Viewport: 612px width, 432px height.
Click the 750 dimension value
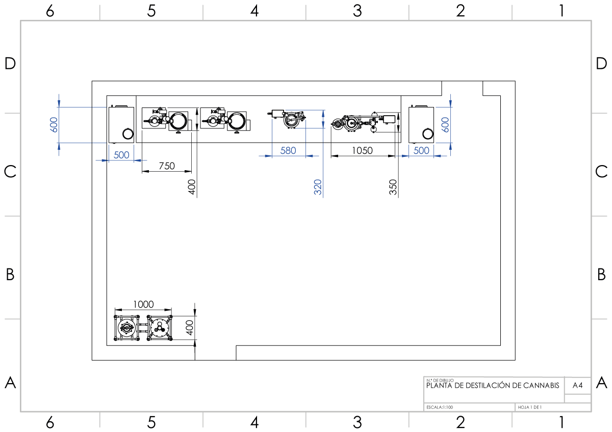point(167,166)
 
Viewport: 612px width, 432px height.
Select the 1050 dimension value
point(362,151)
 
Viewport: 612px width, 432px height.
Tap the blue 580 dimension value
point(288,151)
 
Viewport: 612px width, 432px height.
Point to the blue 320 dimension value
point(318,187)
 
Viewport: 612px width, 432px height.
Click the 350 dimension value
point(393,187)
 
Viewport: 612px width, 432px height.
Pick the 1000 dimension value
point(143,304)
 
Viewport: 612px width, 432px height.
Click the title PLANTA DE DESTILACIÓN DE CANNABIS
point(493,385)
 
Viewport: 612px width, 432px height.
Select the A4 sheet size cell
point(577,385)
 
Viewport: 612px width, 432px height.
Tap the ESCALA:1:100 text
point(440,407)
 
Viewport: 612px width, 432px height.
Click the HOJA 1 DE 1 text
point(530,407)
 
